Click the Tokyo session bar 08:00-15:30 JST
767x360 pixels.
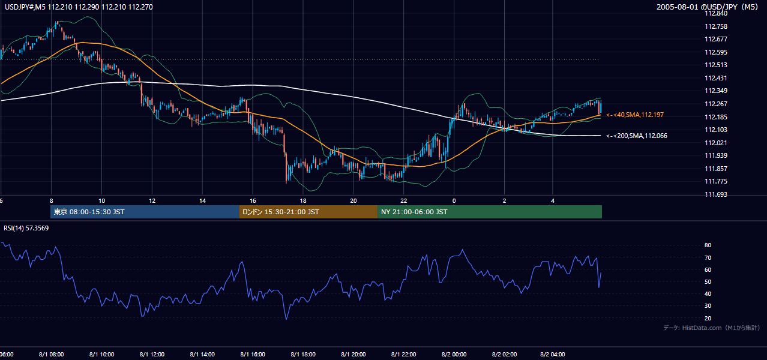[145, 212]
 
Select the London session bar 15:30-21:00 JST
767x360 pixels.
[308, 212]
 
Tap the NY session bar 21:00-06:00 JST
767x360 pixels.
[490, 212]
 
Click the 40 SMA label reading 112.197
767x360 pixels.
[635, 115]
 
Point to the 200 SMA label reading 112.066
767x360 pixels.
[637, 136]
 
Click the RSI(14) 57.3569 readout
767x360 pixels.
[26, 228]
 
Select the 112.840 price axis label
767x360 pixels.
[716, 14]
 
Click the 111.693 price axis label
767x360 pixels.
[716, 194]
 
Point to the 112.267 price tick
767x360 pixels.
[716, 104]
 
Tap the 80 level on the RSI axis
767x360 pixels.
[708, 245]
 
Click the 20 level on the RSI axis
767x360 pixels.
[708, 318]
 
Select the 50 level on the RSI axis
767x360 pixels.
[708, 281]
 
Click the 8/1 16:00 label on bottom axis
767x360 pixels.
[253, 355]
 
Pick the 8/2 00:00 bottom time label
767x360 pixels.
[454, 355]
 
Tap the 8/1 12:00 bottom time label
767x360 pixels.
[152, 355]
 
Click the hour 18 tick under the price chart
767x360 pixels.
[303, 201]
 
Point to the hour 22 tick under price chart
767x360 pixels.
[404, 201]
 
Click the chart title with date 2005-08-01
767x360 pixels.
[708, 7]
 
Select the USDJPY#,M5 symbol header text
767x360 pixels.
[25, 7]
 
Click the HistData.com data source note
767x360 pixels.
[712, 328]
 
